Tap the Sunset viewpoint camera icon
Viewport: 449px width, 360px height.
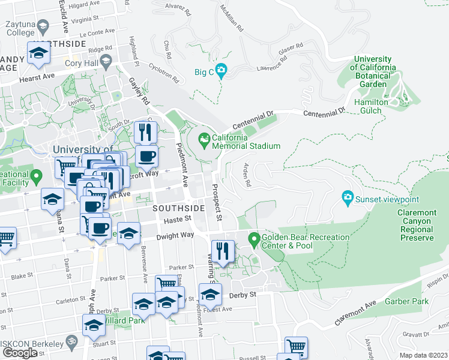(347, 197)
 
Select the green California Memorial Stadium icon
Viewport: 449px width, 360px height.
(204, 141)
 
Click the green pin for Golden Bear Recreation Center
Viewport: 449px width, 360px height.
(254, 241)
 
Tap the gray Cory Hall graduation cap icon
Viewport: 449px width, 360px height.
(106, 60)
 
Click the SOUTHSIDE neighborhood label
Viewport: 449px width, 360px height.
(178, 208)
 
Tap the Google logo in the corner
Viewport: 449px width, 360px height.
(20, 352)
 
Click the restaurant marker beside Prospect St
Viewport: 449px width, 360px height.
(223, 251)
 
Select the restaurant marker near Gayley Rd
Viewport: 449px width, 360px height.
(146, 131)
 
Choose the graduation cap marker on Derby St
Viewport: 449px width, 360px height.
(210, 294)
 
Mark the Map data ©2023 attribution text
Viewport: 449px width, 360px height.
(423, 355)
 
